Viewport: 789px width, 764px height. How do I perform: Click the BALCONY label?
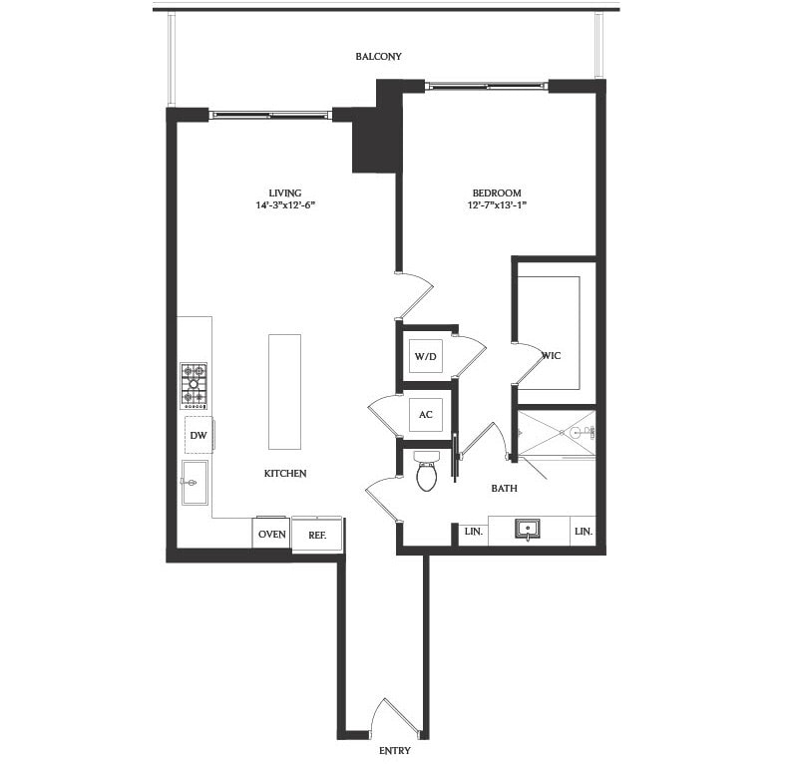pos(378,57)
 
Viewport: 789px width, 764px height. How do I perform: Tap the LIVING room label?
pos(284,192)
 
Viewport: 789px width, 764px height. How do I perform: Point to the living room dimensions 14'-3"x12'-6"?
pos(284,206)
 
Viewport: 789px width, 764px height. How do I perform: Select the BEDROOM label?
pos(497,192)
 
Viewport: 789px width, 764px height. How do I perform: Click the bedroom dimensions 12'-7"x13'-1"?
pos(497,206)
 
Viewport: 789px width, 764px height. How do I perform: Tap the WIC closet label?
pos(552,354)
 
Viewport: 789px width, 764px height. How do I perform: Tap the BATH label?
pos(504,489)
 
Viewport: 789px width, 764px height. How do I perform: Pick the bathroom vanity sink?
pos(528,528)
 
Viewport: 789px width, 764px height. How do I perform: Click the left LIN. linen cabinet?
pos(474,532)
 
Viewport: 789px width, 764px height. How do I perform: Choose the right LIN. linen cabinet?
pos(584,532)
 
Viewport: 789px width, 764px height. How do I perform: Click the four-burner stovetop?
pos(194,386)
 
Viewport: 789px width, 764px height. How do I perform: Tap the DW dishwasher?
pos(197,435)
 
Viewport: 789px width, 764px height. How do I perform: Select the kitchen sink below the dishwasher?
pos(194,483)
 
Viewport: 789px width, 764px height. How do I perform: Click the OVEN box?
pos(272,534)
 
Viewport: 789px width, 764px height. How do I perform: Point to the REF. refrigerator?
pos(317,534)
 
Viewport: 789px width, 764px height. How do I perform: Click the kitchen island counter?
pos(284,391)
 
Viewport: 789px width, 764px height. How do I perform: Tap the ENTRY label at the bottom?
pos(394,749)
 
